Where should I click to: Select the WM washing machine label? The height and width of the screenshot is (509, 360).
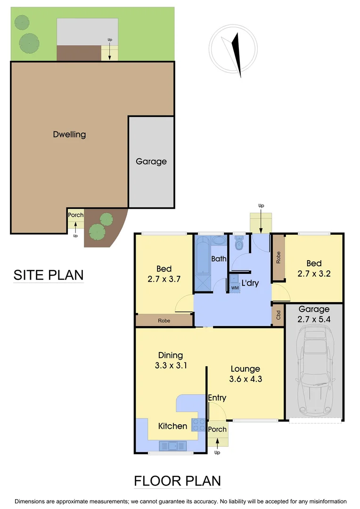(234, 287)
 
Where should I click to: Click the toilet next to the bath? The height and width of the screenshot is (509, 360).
(239, 245)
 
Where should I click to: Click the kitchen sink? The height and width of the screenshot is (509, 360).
(173, 444)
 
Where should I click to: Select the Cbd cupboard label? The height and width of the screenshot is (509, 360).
(278, 315)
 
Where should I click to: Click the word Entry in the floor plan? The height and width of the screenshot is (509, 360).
(217, 398)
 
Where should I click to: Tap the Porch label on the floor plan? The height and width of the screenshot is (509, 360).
(217, 429)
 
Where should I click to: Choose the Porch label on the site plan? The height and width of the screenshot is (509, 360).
(75, 215)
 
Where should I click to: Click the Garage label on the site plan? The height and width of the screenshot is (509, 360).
(151, 161)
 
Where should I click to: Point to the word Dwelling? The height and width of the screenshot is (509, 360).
(69, 134)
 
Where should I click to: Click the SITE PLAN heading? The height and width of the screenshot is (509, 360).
(48, 275)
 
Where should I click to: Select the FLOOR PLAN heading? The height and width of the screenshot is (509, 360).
(177, 481)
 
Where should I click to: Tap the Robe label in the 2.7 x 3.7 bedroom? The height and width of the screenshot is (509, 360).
(164, 320)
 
